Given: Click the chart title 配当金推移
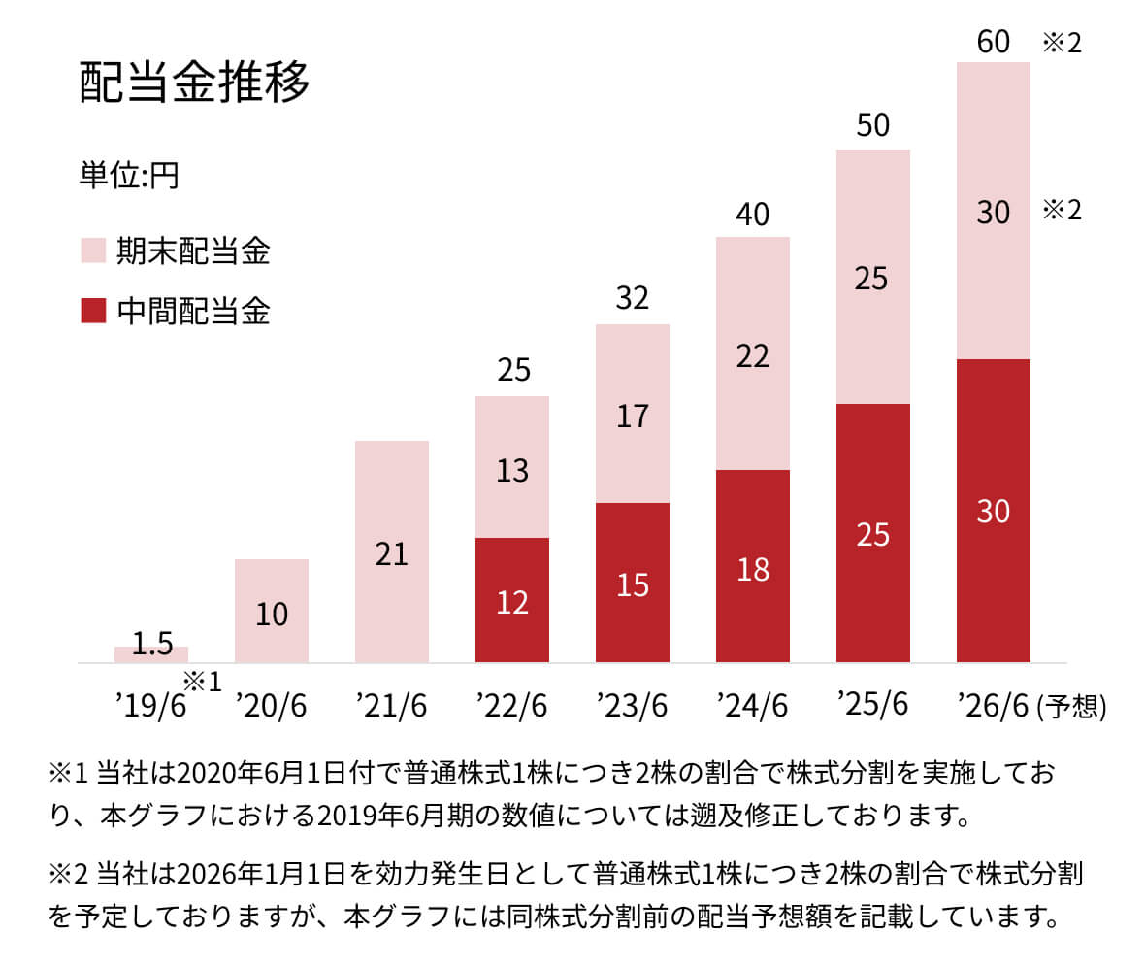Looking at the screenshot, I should point(194,83).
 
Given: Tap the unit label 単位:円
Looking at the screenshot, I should point(129,177).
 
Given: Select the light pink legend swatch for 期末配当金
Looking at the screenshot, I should point(92,251).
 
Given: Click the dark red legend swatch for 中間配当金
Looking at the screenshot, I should point(92,311).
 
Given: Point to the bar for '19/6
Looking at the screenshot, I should point(151,654).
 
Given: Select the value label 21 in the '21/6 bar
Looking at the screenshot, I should point(392,554).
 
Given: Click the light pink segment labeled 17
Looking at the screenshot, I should point(633,416).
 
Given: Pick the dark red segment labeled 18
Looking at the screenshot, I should point(753,568).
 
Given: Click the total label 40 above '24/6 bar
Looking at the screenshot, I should point(753,215).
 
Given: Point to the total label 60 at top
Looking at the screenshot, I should point(994,42).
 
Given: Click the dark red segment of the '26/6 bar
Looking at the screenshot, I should point(994,511).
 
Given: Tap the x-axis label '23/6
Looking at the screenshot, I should point(633,706).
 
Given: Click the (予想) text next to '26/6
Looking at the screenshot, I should point(1071,707).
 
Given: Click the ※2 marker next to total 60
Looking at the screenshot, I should point(1062,44).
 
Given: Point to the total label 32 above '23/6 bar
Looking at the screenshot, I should point(633,298).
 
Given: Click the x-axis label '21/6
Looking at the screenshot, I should point(392,706).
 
